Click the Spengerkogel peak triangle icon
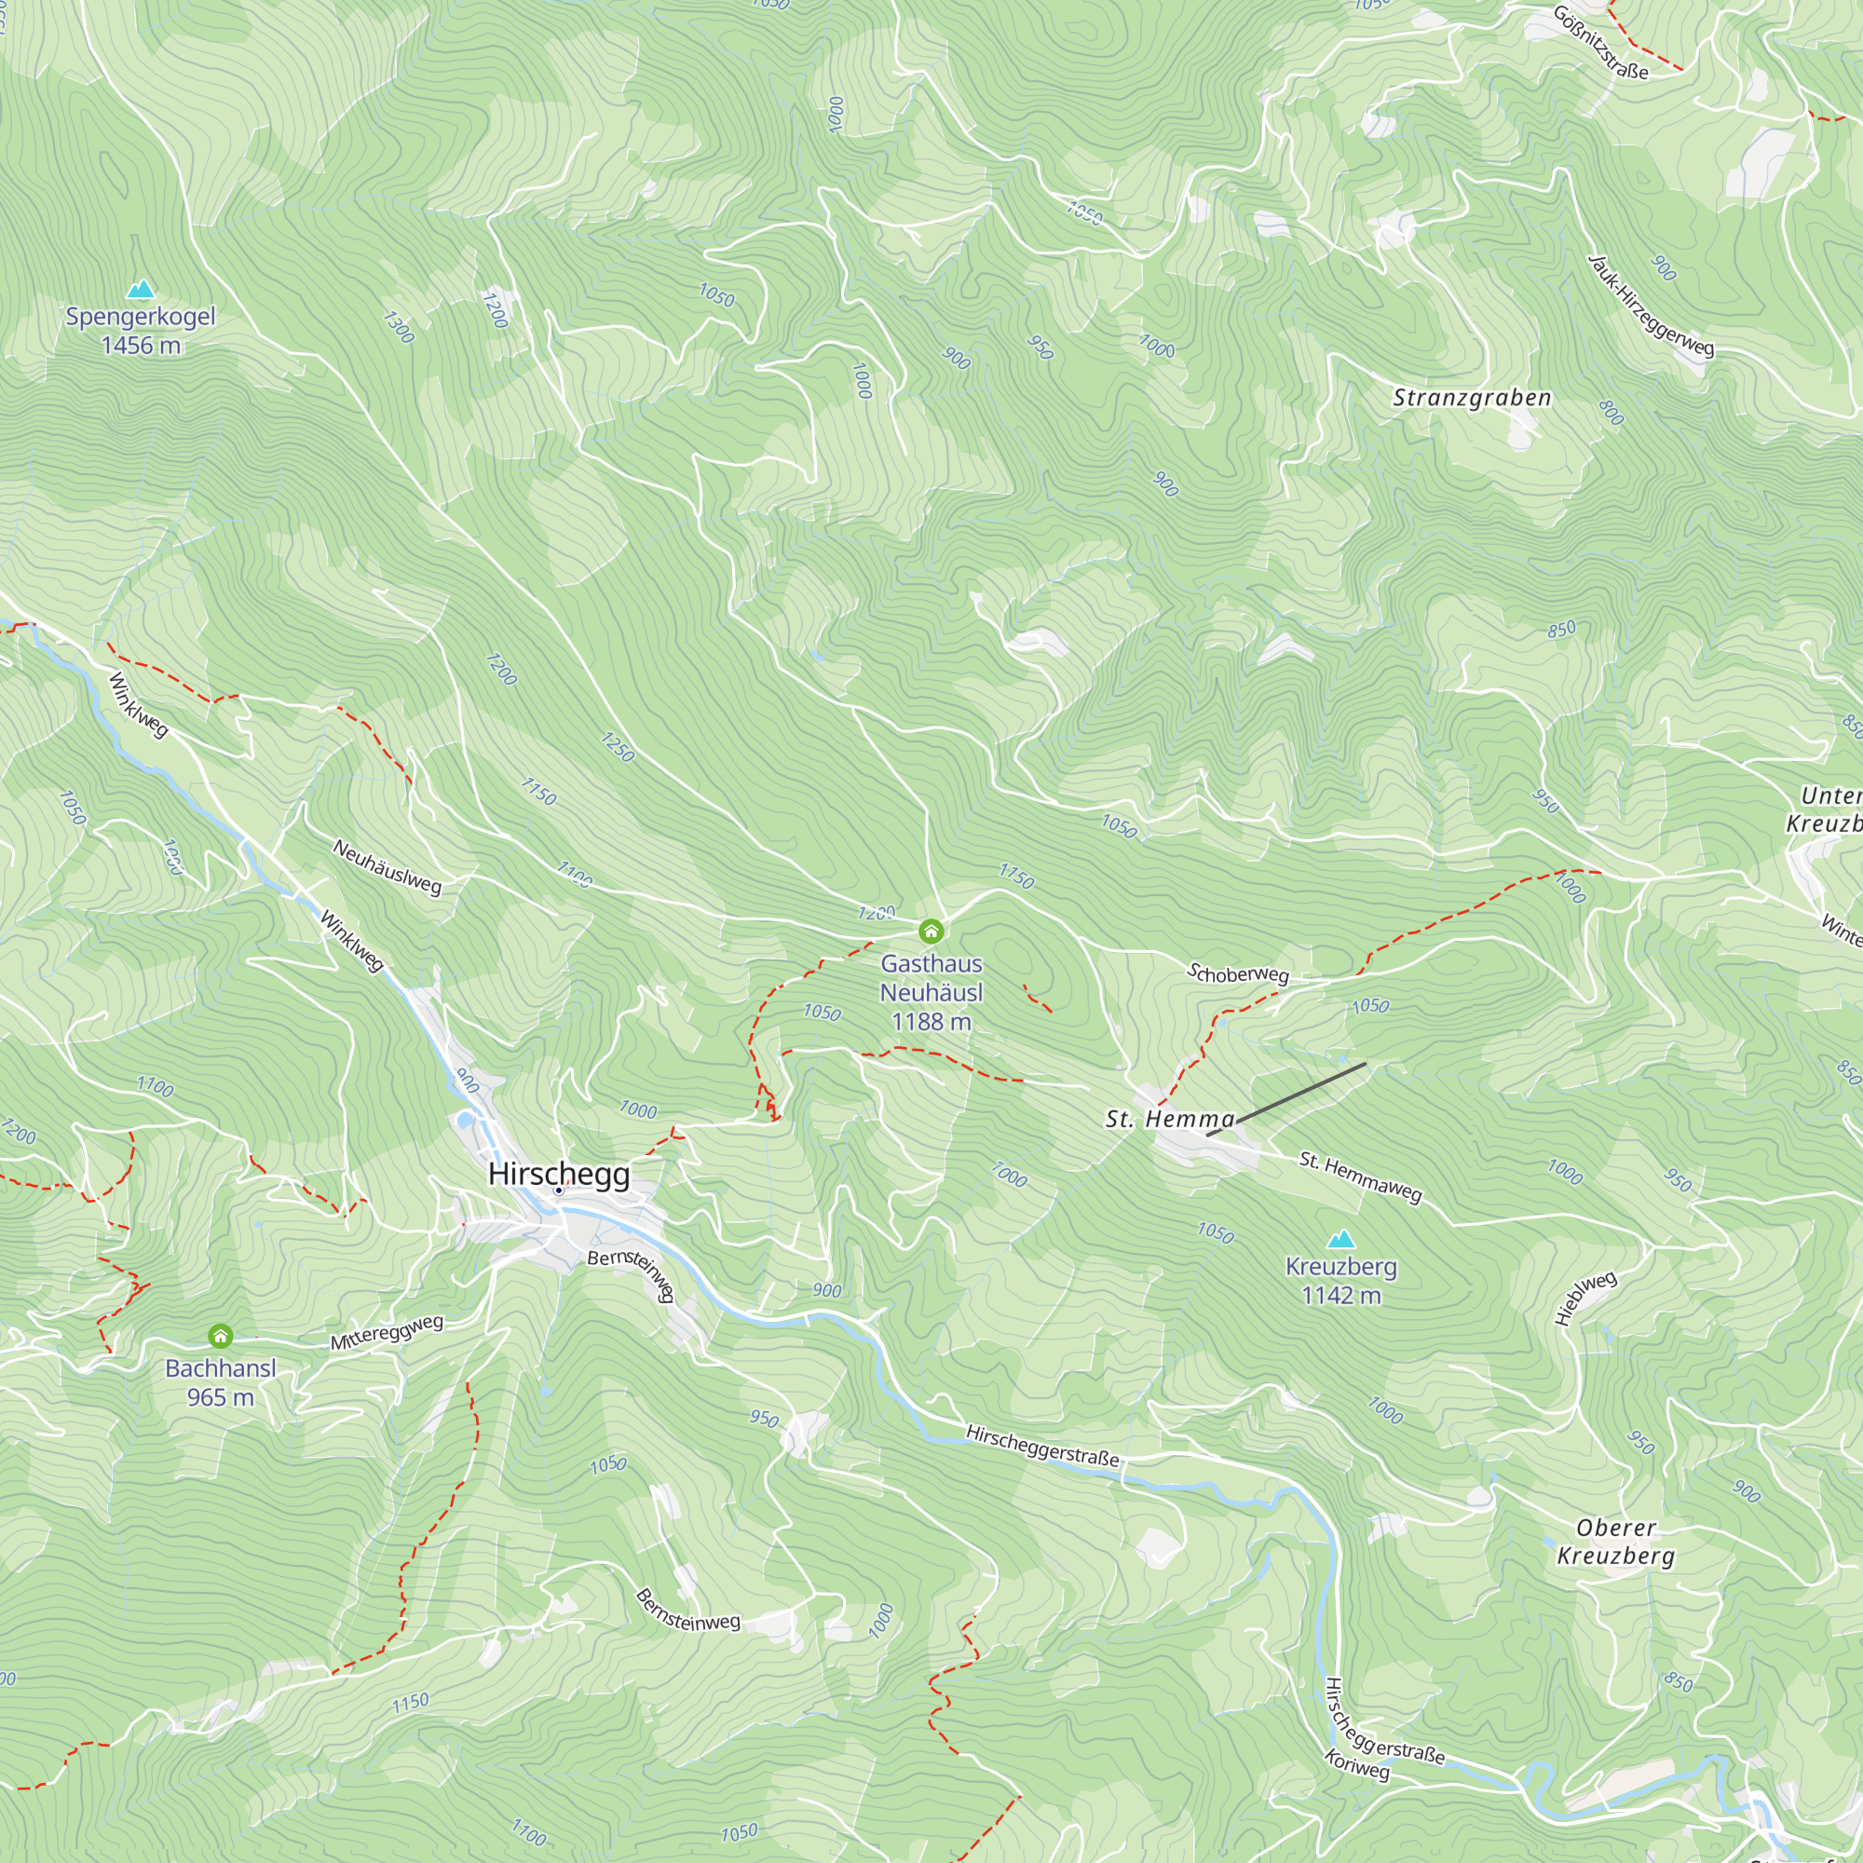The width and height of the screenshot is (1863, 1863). [x=142, y=290]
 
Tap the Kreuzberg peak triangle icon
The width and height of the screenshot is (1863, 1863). [x=1341, y=1240]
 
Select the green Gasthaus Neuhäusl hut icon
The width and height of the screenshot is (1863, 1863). [x=931, y=931]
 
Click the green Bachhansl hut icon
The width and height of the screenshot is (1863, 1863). [x=221, y=1336]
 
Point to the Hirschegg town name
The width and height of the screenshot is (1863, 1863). [x=559, y=1174]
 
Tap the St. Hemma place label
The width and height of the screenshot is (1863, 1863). [x=1170, y=1120]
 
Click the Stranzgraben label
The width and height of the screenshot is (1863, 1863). [x=1473, y=399]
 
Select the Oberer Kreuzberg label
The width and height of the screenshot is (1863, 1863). [x=1616, y=1541]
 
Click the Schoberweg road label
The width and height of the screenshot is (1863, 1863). [x=1237, y=974]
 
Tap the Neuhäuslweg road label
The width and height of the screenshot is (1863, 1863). [x=387, y=866]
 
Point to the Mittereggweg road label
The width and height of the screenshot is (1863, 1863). [x=387, y=1332]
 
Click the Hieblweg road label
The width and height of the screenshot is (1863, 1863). [x=1585, y=1298]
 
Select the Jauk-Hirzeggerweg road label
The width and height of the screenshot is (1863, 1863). [x=1651, y=306]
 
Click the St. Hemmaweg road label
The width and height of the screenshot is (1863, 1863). [x=1361, y=1176]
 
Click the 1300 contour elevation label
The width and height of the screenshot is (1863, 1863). [x=399, y=327]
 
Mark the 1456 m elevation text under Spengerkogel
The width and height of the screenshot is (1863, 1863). [x=141, y=346]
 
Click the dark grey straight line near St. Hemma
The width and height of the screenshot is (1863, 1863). [x=1286, y=1099]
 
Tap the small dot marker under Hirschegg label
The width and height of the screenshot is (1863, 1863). [x=558, y=1190]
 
